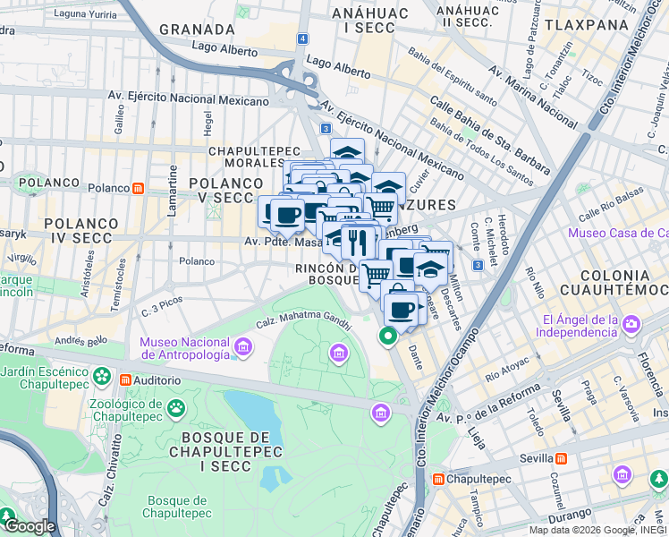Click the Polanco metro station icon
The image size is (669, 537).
[139, 188]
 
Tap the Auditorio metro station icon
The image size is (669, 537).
[126, 380]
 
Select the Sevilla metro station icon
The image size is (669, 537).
[561, 458]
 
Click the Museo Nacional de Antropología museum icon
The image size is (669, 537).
[241, 346]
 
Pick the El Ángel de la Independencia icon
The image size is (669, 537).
[632, 323]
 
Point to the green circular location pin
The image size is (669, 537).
[387, 337]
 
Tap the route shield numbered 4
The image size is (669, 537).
[304, 39]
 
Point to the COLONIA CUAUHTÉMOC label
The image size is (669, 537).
[614, 282]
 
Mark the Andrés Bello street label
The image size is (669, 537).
[80, 340]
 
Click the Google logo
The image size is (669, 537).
[30, 526]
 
